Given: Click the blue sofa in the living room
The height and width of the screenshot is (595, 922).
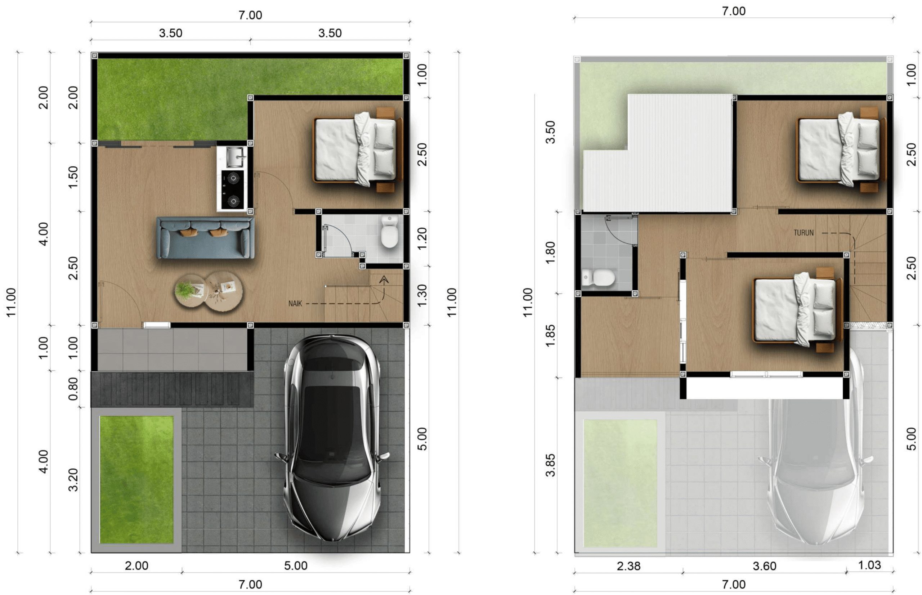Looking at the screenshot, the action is coord(206,237).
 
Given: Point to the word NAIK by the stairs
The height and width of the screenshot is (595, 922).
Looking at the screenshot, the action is coord(295,304).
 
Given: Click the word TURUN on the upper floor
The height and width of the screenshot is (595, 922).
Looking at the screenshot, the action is coord(804,233).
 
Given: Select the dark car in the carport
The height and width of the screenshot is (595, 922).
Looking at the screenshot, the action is coord(331,437).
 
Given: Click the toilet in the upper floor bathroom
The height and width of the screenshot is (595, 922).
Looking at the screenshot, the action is coord(598,277).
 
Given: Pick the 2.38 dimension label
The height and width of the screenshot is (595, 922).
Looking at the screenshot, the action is coord(628,566).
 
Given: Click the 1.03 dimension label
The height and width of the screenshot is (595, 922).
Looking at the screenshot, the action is coord(869,565).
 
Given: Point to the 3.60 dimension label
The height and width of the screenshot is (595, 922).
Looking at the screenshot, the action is coord(764,566).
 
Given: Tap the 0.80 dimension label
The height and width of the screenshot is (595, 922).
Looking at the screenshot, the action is coord(73,389).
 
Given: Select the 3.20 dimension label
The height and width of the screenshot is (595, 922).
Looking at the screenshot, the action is coord(73,480).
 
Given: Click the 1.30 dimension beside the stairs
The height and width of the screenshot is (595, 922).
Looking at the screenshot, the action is coord(422,295).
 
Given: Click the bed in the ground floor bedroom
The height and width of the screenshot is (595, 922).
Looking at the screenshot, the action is coord(358,149).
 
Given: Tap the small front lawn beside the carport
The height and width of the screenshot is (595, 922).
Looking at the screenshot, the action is coord(137,479).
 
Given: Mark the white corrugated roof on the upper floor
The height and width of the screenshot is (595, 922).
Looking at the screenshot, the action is coord(658,153).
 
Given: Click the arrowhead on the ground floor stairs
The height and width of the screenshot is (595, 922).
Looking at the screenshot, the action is coord(384,279).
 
